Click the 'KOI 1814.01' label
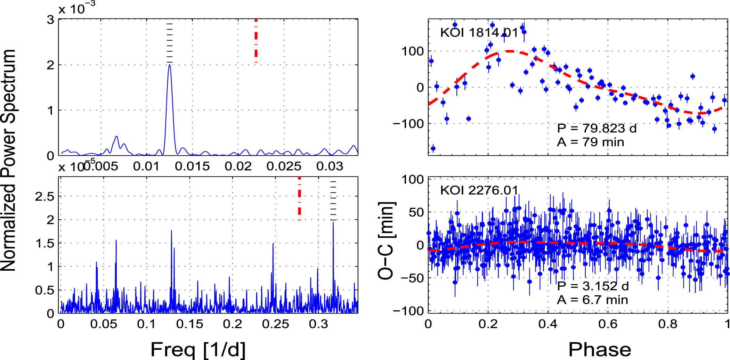coord(479,33)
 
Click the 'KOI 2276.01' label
coord(479,190)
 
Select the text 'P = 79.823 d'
coord(597,128)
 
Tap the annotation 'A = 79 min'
coord(591,142)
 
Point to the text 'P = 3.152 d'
coord(593,286)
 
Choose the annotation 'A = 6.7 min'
coord(593,300)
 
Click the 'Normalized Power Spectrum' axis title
coord(8,160)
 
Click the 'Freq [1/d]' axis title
coord(198,349)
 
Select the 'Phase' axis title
coord(600,349)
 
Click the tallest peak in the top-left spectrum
coord(169,65)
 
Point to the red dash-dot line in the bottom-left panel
coord(299,198)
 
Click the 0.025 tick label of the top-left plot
coord(284,166)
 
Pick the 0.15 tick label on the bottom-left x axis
coord(189,324)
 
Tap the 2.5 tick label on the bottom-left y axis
coord(44,197)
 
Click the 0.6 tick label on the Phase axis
coord(608,324)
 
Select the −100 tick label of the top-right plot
coord(408,123)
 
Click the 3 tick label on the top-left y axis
coord(51,20)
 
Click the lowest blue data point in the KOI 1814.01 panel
coord(433,148)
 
